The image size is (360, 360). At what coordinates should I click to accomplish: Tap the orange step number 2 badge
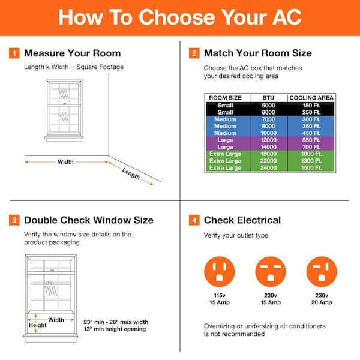coord(194,53)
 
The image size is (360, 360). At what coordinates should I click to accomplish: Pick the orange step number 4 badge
coord(194,220)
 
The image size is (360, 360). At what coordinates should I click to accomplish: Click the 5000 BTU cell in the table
coord(268,106)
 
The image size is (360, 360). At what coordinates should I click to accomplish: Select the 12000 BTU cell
coord(268,140)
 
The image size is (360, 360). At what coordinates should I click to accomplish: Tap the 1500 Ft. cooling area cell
coord(311,168)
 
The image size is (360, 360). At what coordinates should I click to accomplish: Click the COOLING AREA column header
coord(311,97)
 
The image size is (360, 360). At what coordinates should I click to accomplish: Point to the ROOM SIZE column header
coord(225,97)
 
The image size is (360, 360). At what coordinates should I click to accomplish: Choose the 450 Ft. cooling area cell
coord(311,133)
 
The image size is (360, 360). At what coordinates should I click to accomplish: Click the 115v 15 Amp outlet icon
coord(220,272)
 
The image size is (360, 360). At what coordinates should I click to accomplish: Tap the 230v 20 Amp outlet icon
coord(322,272)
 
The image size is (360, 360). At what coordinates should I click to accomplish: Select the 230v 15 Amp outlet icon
coord(271,272)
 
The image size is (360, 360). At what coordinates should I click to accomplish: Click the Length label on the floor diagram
coord(131,173)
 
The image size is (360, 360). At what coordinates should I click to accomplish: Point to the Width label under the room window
coord(66,161)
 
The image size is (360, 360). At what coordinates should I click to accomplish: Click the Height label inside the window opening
coord(38,326)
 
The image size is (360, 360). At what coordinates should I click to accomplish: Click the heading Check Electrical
coord(242,220)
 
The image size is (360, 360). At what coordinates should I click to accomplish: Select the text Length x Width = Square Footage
coord(74,67)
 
